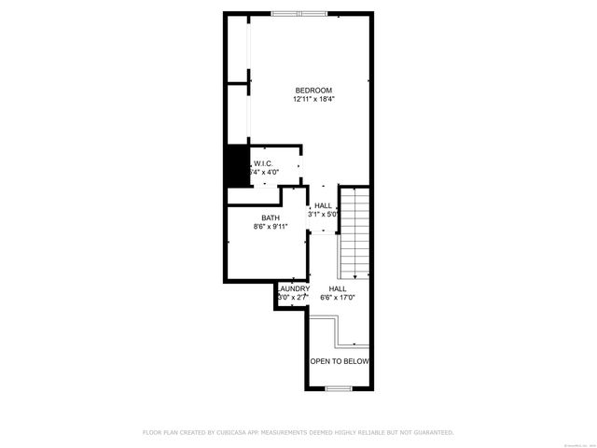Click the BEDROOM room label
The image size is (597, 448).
(313, 90)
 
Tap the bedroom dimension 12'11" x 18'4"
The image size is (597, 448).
(313, 99)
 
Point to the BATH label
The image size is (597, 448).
(271, 217)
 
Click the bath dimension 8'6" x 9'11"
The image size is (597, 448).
(271, 226)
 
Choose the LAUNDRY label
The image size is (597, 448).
(292, 289)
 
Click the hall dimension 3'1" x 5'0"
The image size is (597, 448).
(324, 214)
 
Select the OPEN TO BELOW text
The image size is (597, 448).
(340, 361)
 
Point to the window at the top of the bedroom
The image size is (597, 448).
(300, 13)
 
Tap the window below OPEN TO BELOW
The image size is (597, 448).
(339, 388)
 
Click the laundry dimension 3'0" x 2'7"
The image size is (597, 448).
(292, 298)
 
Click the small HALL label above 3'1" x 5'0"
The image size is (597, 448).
(324, 205)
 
